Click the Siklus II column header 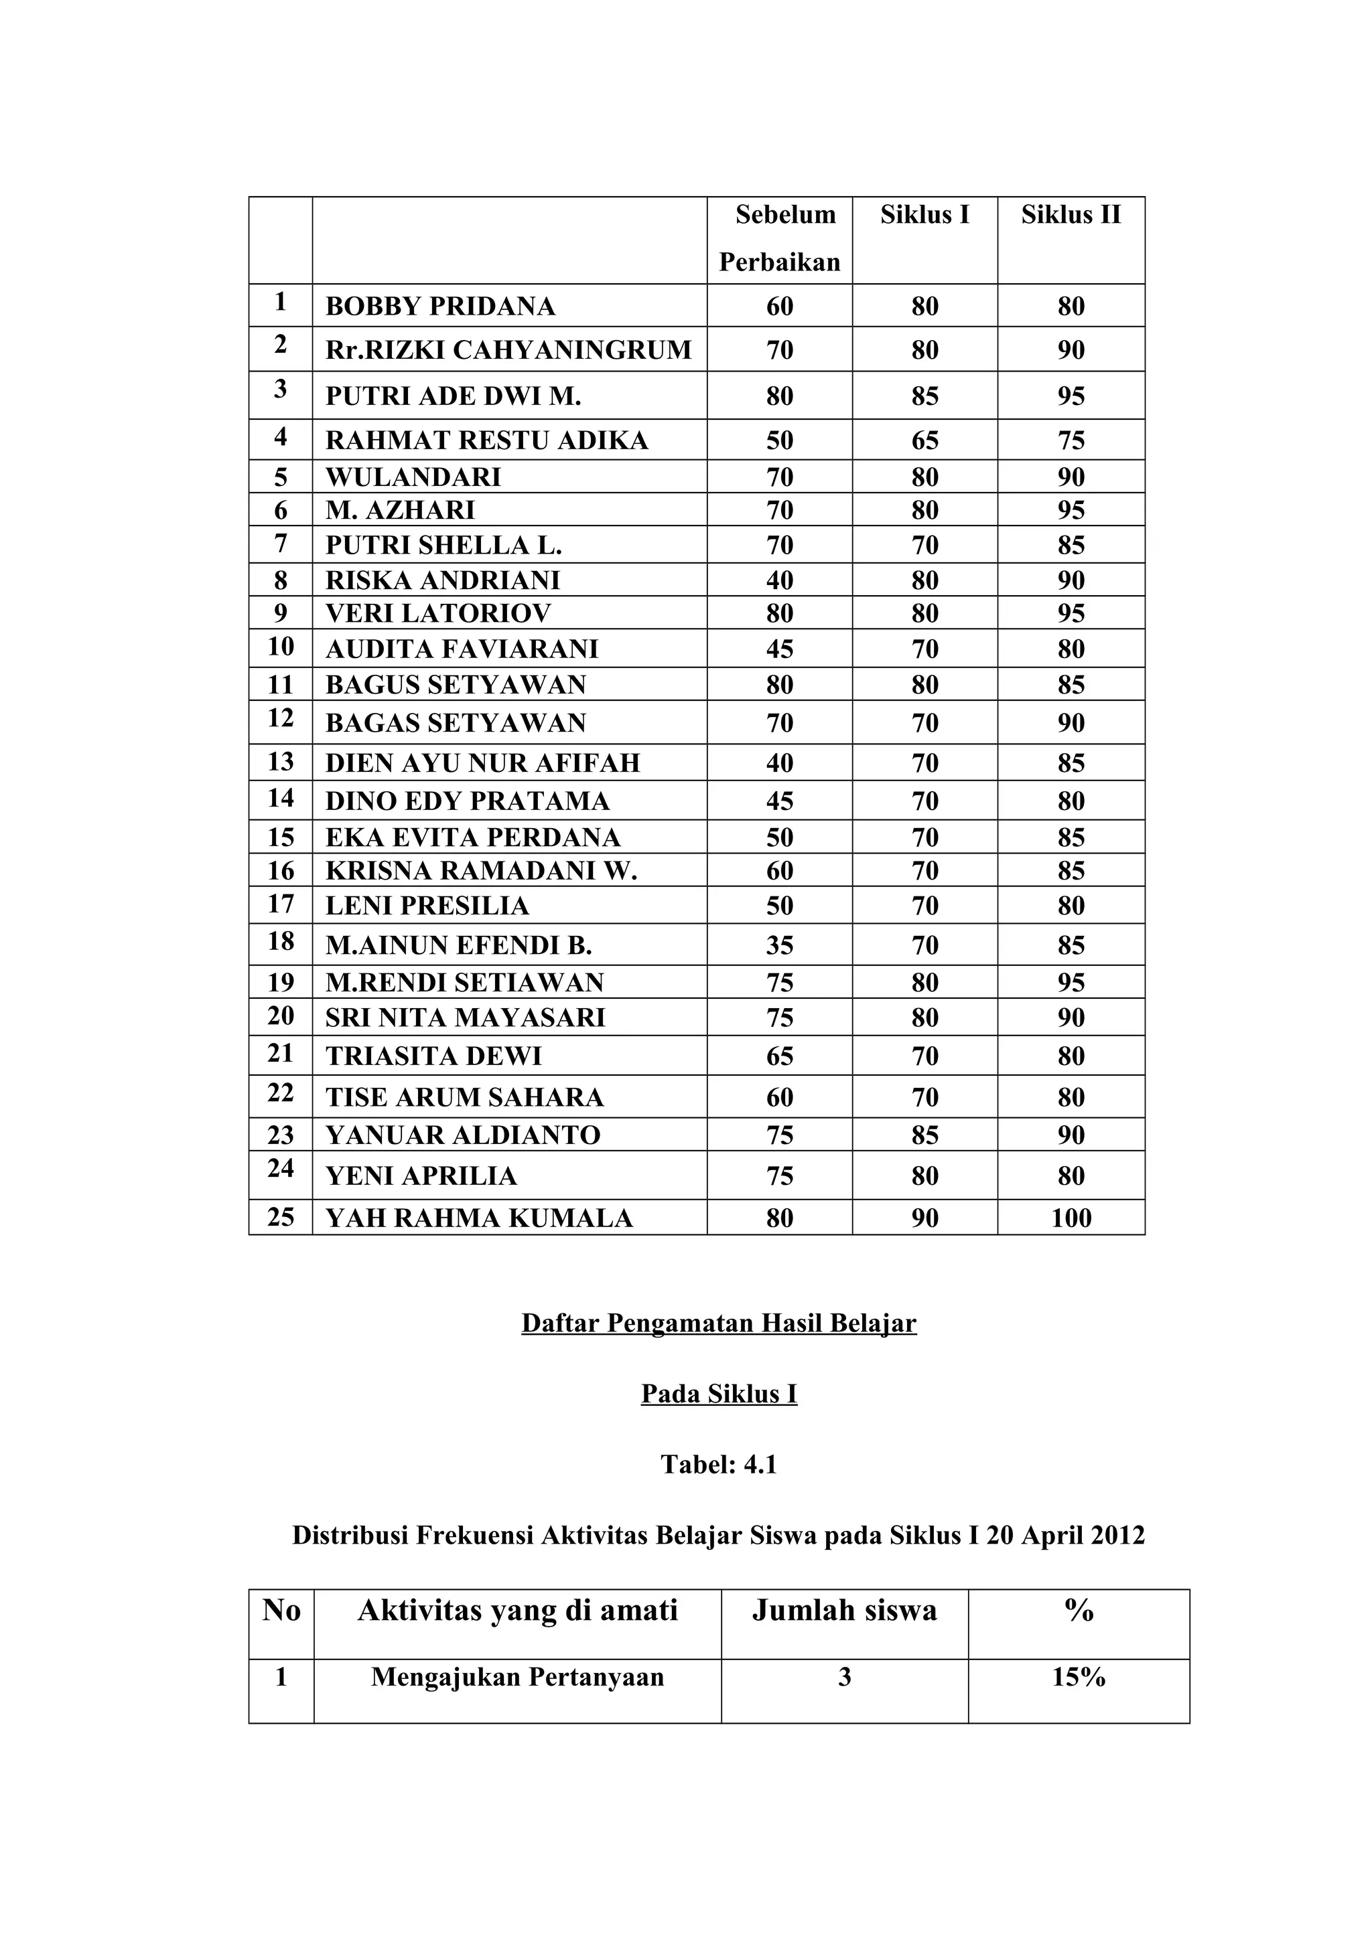coord(1071,215)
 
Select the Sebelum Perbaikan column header coord(779,238)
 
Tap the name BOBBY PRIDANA coord(439,306)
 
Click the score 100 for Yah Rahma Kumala coord(1071,1218)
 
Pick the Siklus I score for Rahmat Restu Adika coord(924,440)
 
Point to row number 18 coord(281,941)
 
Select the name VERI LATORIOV coord(438,613)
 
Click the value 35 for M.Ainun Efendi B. coord(779,945)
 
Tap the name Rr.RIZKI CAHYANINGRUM coord(508,350)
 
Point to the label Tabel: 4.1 coord(719,1464)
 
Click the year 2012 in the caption coord(1116,1535)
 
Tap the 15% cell coord(1079,1677)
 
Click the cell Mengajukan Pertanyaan coord(517,1677)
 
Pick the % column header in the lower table coord(1079,1611)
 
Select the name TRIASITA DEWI coord(433,1056)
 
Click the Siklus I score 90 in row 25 coord(924,1218)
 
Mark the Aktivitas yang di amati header coord(517,1611)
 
